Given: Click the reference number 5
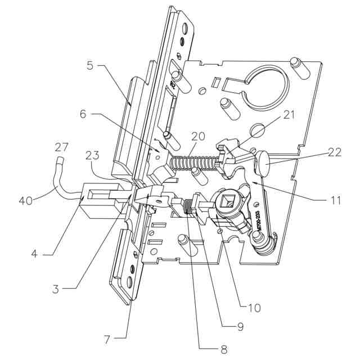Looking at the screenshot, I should (90, 66).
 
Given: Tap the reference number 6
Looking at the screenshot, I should (83, 115).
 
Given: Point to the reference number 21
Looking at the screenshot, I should (290, 115).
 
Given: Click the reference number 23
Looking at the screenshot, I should (93, 155).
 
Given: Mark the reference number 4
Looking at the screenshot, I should (34, 255).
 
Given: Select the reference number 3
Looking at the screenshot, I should (55, 289).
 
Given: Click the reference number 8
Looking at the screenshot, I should (224, 349).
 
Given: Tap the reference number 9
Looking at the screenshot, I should (241, 327).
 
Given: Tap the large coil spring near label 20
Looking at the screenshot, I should (188, 163).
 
